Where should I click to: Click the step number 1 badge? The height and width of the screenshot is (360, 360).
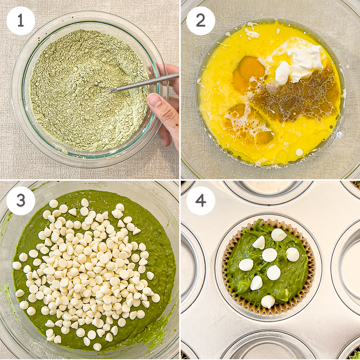point(21,21)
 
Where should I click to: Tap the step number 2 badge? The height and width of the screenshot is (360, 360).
point(201,21)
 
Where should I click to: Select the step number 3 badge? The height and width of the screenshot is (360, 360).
point(21,201)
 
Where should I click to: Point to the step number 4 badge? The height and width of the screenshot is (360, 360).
point(201,201)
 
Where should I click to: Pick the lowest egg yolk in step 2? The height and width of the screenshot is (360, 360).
point(264,138)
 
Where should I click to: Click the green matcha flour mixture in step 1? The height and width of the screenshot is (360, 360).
point(90,90)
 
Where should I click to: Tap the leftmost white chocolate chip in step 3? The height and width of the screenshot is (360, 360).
point(17,266)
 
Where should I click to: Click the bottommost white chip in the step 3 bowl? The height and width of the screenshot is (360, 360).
point(97,346)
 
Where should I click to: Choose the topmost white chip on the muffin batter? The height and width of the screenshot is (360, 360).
point(278,235)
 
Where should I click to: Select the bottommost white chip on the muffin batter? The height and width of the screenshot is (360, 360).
point(268,302)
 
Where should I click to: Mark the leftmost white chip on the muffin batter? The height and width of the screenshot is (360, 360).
point(246,265)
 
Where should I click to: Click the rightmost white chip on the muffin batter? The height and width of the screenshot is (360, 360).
point(293,254)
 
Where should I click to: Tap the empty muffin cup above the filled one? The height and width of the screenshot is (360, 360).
point(269,192)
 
